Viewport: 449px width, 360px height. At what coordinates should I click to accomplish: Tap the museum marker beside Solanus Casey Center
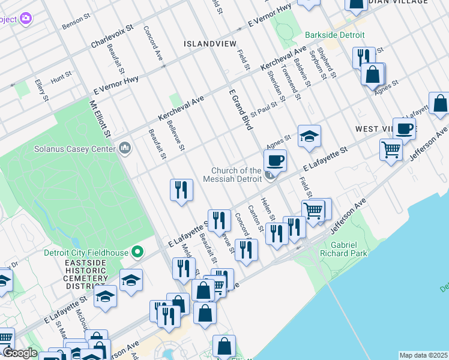coord(125,147)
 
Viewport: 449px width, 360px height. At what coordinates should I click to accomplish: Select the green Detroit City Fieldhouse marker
coord(137,252)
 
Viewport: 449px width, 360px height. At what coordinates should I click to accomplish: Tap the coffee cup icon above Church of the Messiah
coord(275,160)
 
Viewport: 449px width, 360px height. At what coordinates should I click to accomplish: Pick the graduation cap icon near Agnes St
coord(310,136)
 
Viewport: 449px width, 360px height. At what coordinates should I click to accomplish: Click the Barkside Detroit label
coord(334,35)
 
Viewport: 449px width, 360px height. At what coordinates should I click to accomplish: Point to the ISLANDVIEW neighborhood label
coord(208,44)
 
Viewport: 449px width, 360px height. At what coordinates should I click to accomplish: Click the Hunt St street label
coord(61,77)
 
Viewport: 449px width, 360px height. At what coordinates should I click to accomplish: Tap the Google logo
coord(20,353)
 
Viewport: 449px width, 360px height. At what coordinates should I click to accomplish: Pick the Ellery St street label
coord(41,89)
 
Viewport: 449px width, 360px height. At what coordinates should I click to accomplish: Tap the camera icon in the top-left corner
coord(26,19)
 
